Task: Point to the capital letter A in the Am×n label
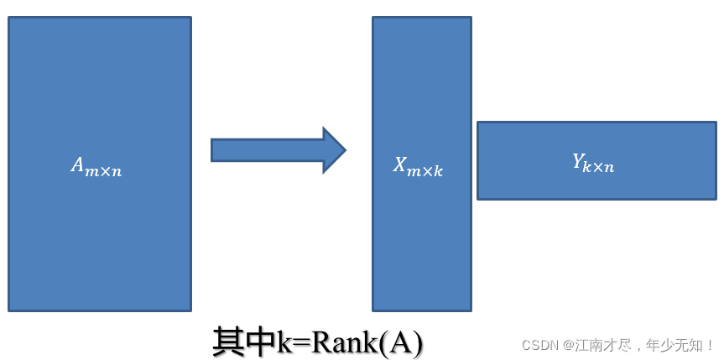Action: click(78, 165)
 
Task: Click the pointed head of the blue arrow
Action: click(334, 150)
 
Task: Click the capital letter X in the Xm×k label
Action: click(401, 164)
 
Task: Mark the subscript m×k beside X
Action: click(426, 170)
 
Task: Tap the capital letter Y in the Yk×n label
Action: click(579, 161)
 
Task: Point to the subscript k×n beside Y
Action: click(601, 167)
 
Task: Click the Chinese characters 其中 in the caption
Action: click(244, 342)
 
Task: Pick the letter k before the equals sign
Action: click(284, 342)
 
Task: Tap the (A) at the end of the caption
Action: click(402, 342)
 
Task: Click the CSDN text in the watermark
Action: click(540, 345)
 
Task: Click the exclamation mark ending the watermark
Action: click(710, 345)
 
